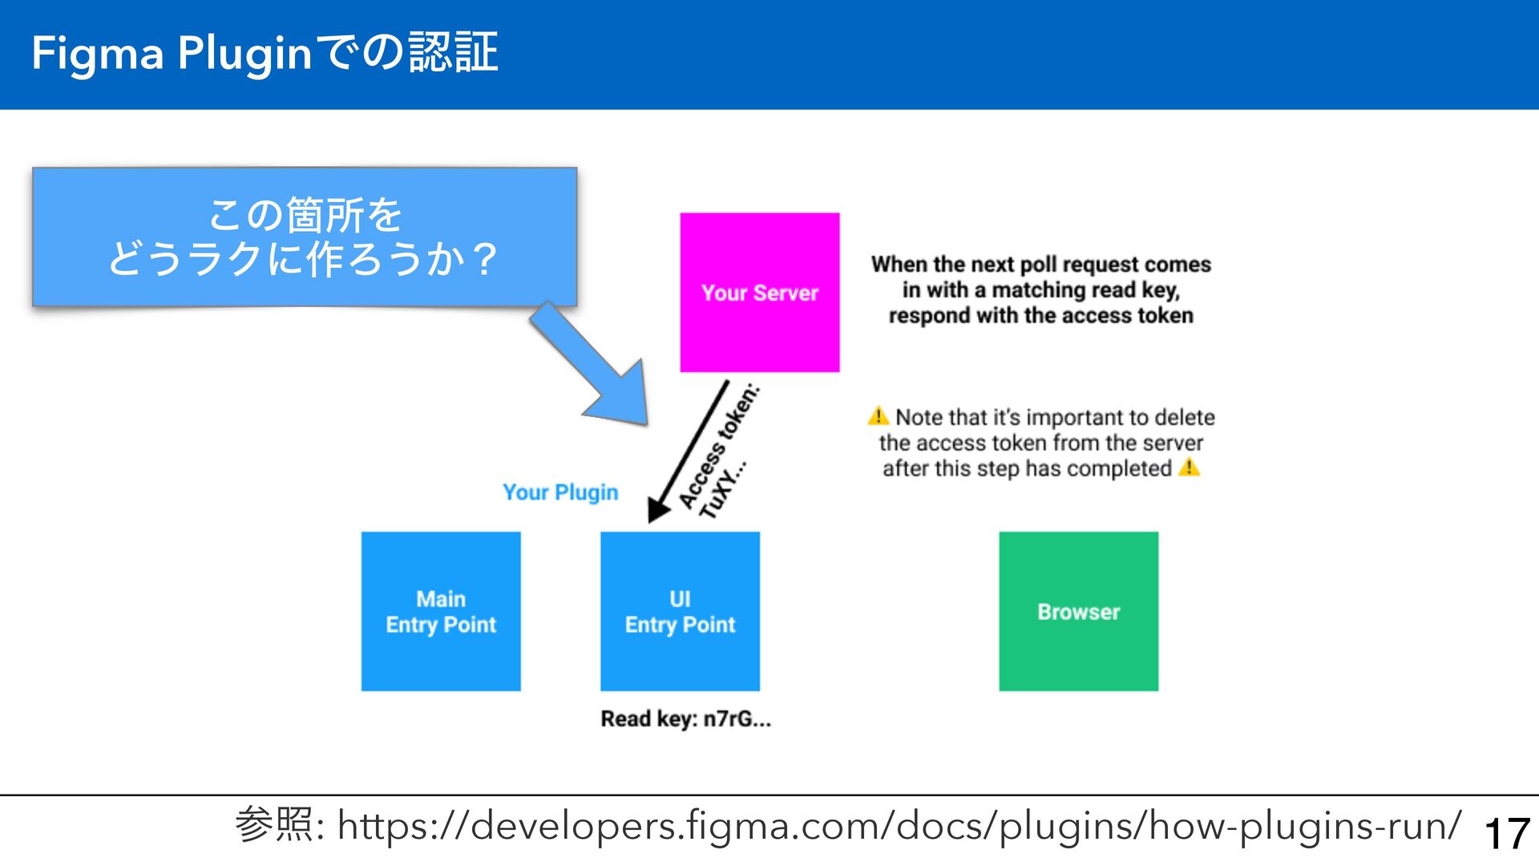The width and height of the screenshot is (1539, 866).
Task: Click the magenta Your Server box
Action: coord(759,292)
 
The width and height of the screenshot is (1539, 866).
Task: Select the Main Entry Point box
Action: coord(441,611)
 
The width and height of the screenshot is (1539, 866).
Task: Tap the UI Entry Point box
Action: coord(680,611)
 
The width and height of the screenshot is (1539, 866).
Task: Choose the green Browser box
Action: coord(1078,611)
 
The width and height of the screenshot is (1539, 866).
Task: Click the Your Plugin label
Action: coord(560,492)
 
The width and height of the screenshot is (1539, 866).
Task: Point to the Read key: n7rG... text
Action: coord(685,718)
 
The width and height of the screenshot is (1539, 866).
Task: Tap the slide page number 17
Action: coord(1507,833)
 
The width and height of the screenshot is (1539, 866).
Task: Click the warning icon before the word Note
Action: coord(879,416)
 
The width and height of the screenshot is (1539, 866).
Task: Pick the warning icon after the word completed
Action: coord(1190,467)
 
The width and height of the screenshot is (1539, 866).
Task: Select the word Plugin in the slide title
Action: coord(244,55)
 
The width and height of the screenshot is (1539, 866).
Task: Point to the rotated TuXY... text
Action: coord(723,489)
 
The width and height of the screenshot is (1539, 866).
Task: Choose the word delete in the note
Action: coord(1185,417)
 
